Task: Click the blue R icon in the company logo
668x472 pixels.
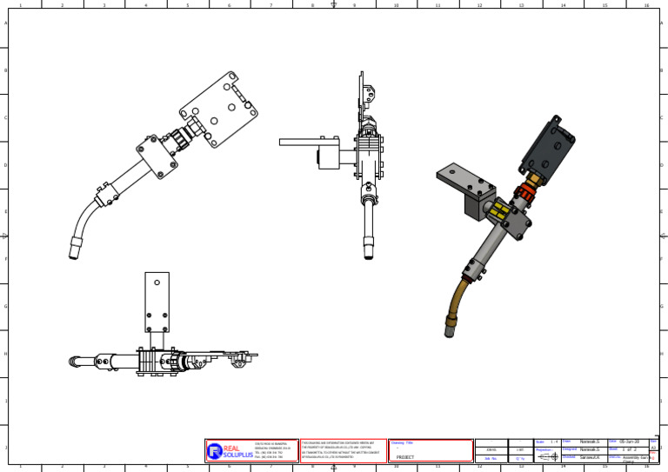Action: point(215,450)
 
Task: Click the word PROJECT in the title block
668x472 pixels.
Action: point(405,457)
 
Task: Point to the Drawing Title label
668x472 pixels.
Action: point(404,442)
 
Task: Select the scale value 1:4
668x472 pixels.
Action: point(554,442)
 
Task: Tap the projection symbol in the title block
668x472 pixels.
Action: point(548,456)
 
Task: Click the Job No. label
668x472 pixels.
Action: point(491,458)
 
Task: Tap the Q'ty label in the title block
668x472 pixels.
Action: point(520,458)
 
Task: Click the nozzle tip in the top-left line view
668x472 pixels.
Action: point(75,253)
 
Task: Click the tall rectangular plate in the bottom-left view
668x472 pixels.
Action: point(157,301)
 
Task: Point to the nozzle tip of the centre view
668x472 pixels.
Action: point(369,251)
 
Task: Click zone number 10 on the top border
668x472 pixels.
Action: point(396,5)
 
